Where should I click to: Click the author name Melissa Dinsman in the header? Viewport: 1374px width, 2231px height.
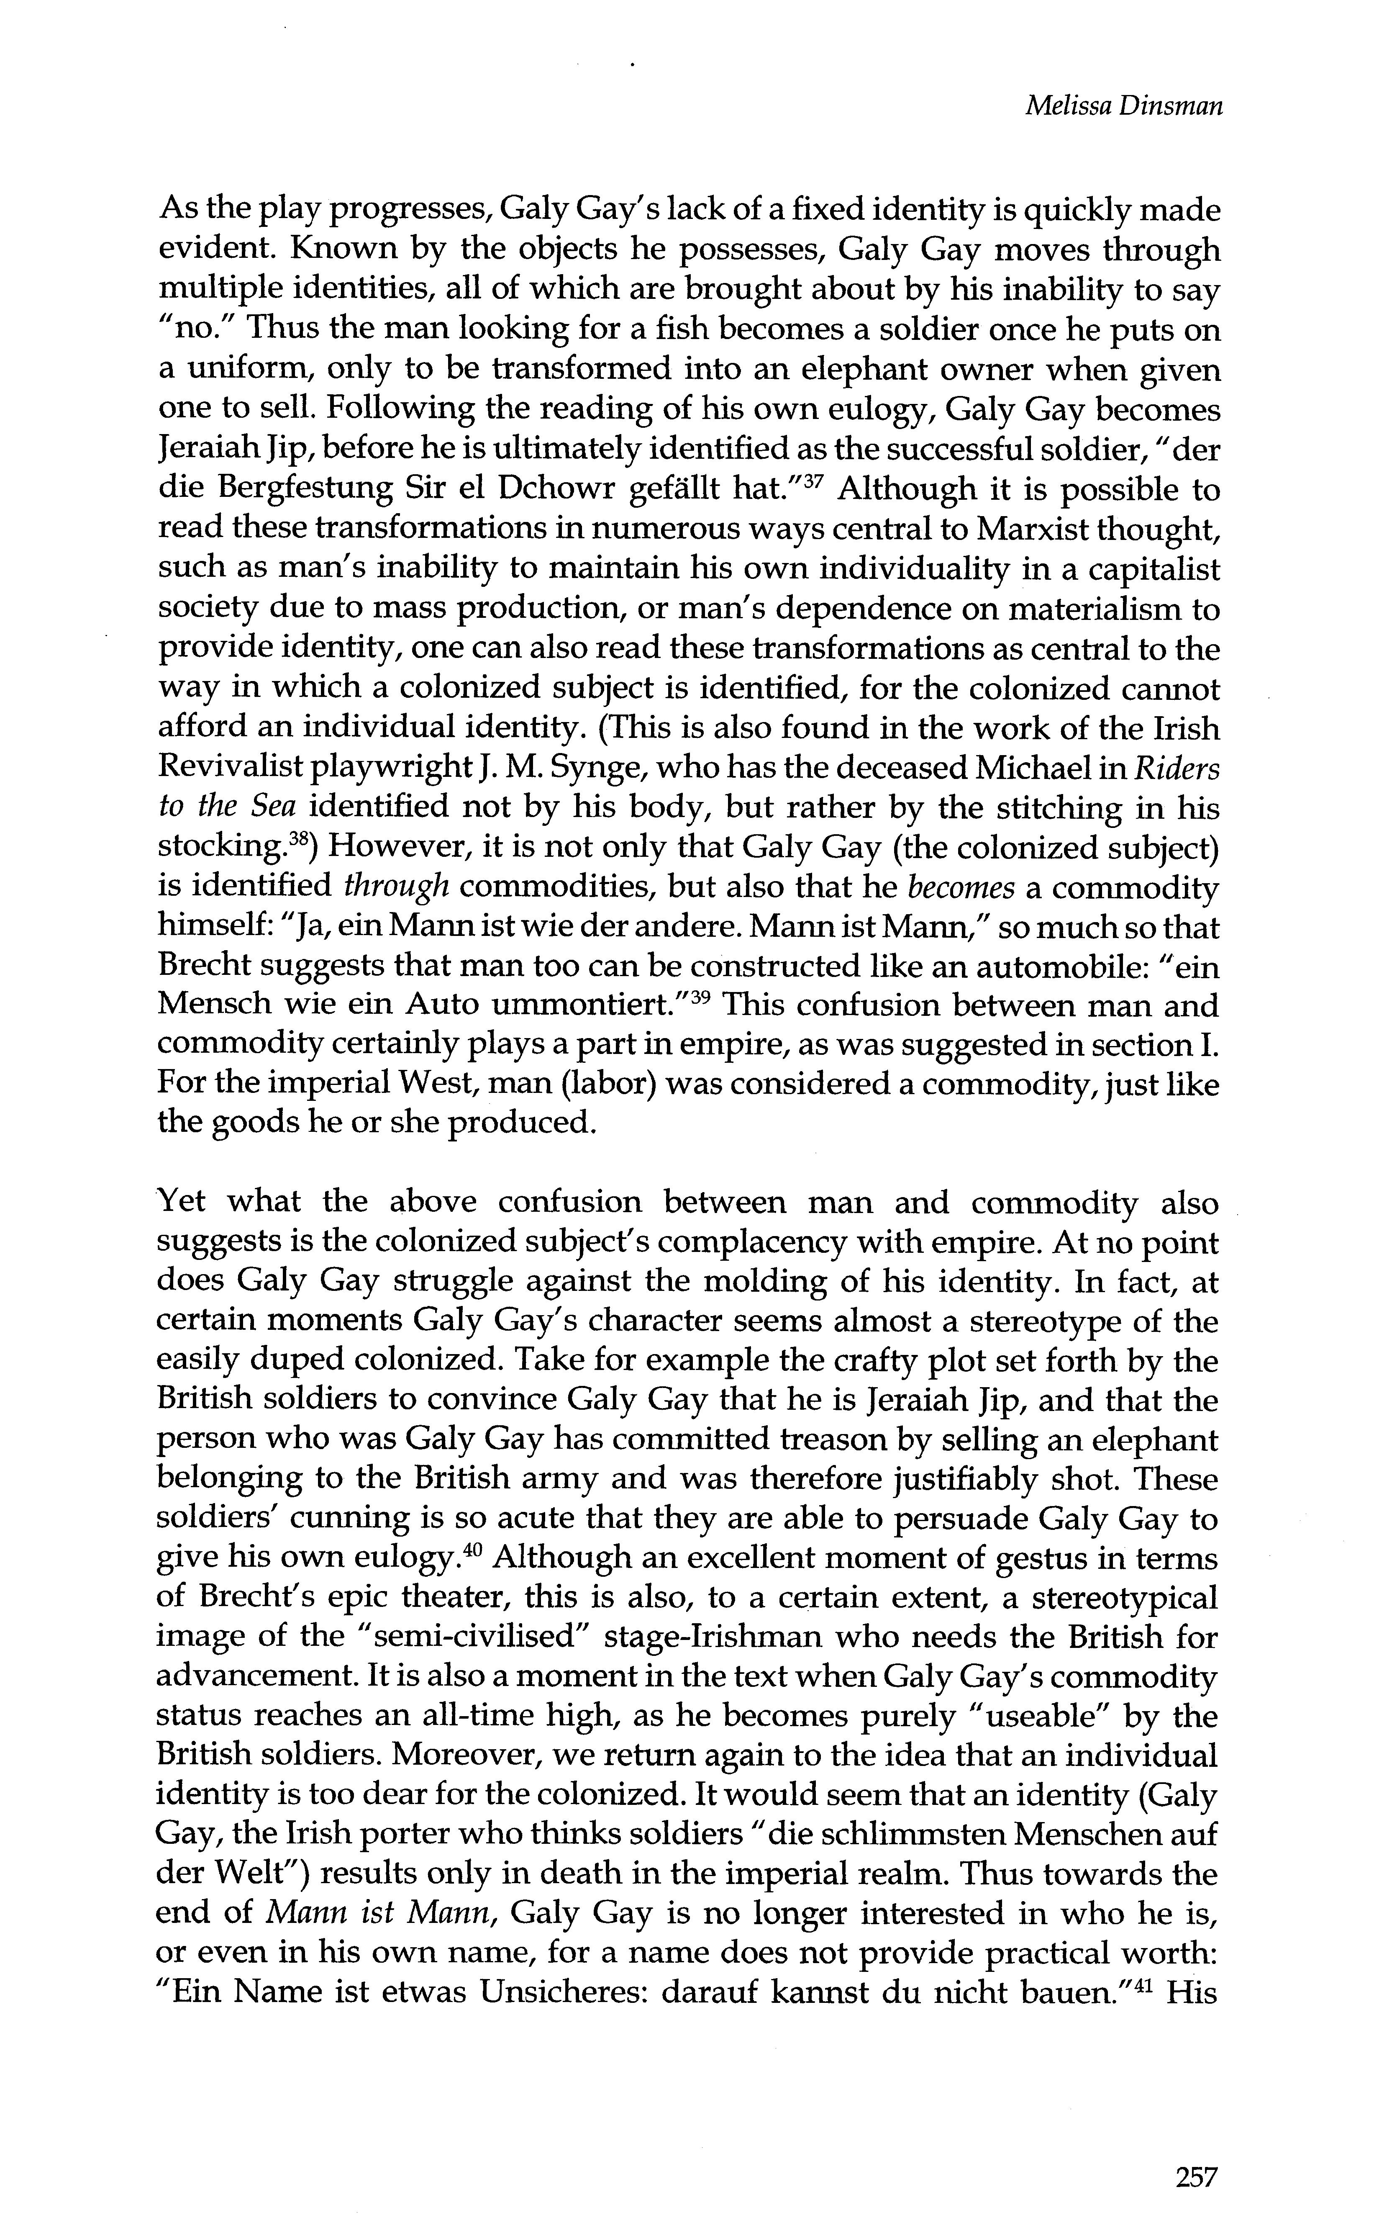coord(1123,106)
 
